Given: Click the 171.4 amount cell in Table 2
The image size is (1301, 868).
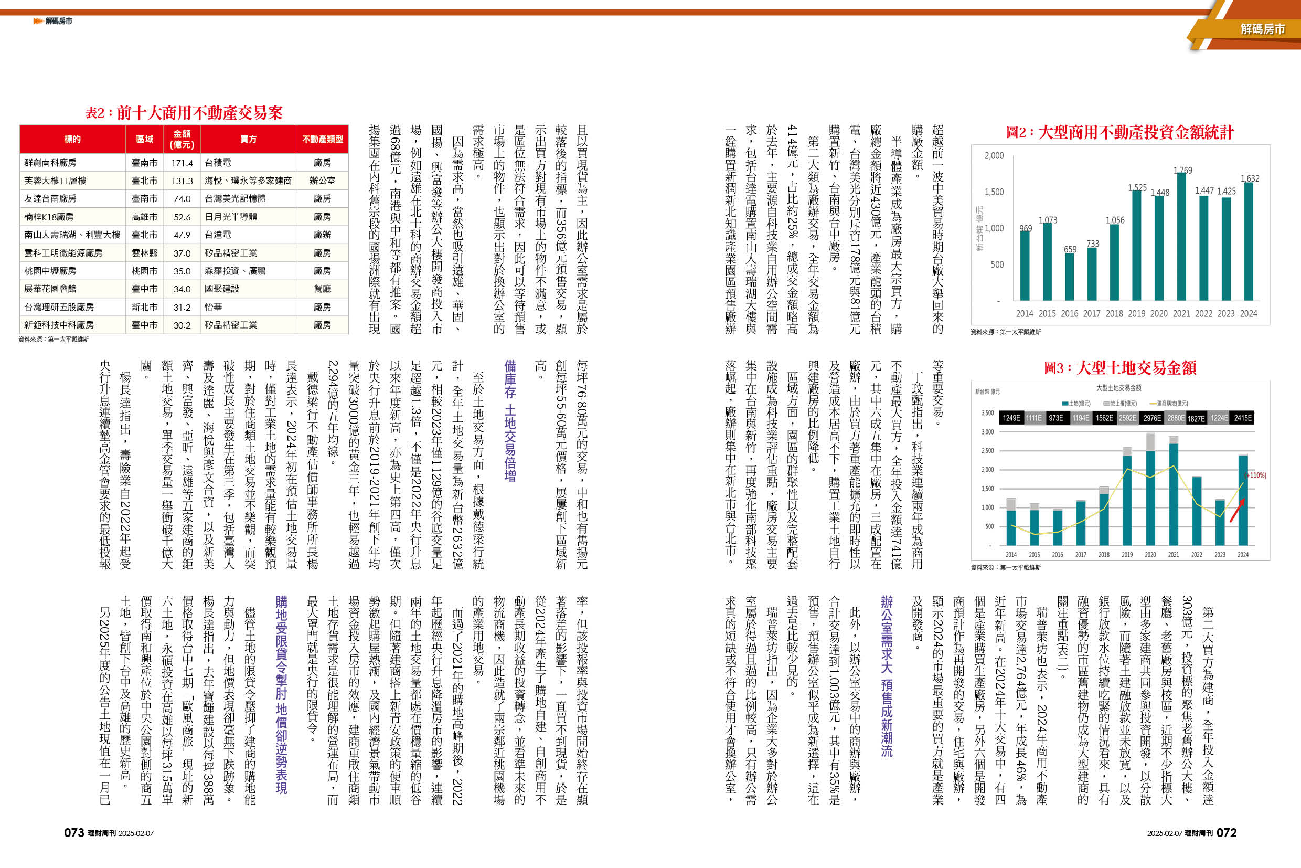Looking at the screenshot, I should pos(182,163).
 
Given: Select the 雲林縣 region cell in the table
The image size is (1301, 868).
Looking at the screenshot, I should pos(144,253).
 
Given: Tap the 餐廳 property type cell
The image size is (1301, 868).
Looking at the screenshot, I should pos(322,289).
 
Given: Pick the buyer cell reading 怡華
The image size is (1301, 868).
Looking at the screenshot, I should pos(213,307).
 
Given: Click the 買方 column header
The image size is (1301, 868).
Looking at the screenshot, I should pos(249,139).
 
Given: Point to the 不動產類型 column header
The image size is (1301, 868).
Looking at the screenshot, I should pos(323,139).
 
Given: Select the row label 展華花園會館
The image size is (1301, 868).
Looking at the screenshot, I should pos(50,289).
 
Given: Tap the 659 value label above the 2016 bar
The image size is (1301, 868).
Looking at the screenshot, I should pos(1070,249).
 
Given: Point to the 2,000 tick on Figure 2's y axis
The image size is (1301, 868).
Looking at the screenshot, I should pos(994,155).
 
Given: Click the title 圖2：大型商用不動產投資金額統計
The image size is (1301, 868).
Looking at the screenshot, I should pos(1119,132).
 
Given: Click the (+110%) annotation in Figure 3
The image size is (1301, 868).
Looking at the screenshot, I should pos(1255,475).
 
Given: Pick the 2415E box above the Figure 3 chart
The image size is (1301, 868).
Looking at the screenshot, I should pos(1242,418).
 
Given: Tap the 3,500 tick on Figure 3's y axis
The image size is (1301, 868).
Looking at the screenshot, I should pos(987,413).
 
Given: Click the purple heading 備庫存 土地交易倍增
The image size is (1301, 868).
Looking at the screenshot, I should pos(510,421).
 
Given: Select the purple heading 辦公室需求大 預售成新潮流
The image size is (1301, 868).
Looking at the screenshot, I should pos(887,676).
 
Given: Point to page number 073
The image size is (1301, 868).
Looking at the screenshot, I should pos(74,832).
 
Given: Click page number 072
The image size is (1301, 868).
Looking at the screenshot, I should pos(1227,832).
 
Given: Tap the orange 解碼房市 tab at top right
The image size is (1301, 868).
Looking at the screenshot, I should pos(1262,29).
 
